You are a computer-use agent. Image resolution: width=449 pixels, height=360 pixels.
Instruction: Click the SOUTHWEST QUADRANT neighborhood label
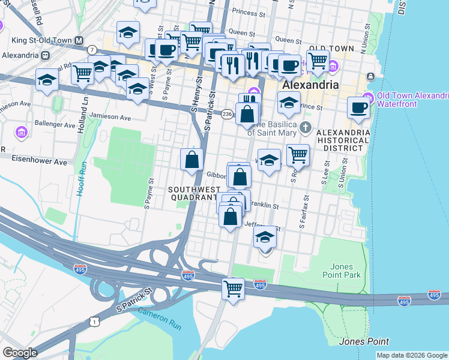(x=193, y=193)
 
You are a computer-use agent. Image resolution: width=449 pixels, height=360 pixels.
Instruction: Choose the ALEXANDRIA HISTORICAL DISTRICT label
(x=343, y=140)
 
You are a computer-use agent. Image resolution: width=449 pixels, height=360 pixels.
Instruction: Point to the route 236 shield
(x=227, y=114)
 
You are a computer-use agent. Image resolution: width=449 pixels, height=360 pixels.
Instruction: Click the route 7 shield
(x=92, y=49)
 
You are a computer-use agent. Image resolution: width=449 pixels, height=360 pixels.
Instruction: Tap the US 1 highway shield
(x=95, y=322)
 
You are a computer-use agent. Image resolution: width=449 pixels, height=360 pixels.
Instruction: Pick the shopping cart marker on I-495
(x=233, y=289)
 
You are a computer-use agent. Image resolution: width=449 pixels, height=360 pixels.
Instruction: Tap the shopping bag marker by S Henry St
(x=191, y=160)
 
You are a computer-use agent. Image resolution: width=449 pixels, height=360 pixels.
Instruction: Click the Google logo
(x=20, y=353)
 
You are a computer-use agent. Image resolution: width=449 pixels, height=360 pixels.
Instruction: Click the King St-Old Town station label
(x=40, y=40)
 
